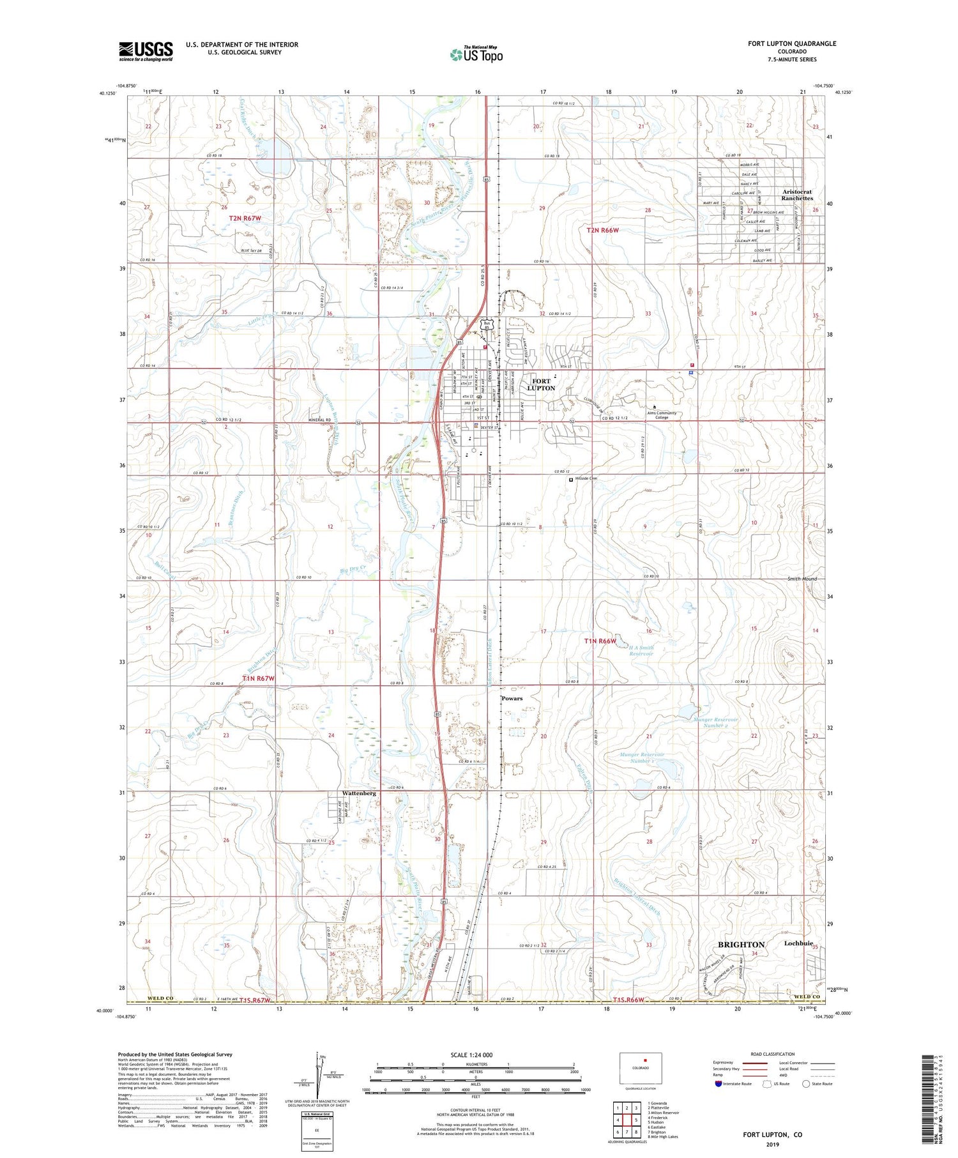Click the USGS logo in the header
(x=146, y=50)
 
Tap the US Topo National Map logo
(x=476, y=54)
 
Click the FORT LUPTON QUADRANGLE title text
(x=792, y=43)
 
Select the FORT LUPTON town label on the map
(x=540, y=385)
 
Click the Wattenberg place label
(x=359, y=793)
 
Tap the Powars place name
(x=512, y=698)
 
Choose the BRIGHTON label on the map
(x=741, y=944)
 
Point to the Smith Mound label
(x=802, y=579)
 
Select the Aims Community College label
(x=661, y=415)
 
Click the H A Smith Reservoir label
(x=641, y=650)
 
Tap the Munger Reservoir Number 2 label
(x=715, y=722)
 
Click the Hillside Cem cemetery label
(x=585, y=478)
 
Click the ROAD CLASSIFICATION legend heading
(x=773, y=1054)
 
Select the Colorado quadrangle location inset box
(x=641, y=1068)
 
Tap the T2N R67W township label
(x=245, y=218)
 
